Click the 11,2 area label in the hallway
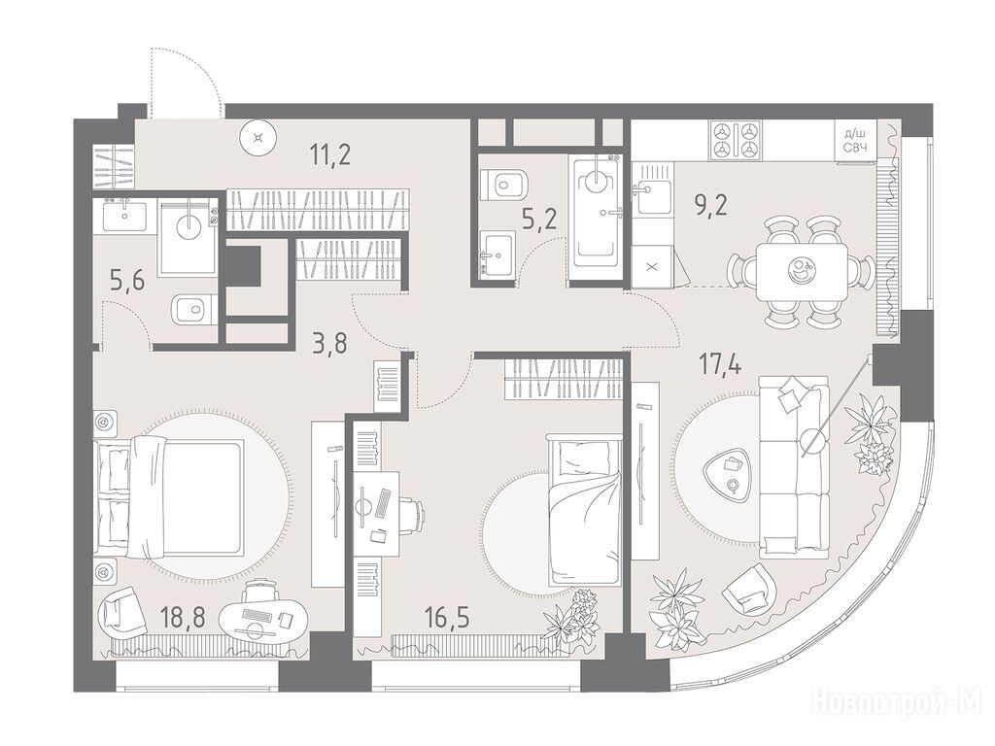330,154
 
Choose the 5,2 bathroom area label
539,220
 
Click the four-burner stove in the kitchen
736,140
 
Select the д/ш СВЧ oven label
855,140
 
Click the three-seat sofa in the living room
794,463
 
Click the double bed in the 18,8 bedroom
169,496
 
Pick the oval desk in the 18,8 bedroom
263,619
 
